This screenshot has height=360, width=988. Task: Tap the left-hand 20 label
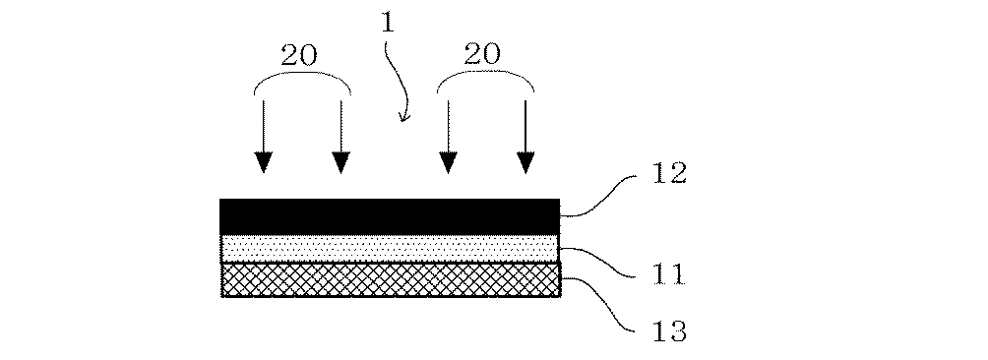(299, 55)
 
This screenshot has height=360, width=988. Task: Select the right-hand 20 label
(483, 55)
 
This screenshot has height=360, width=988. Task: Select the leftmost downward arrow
(263, 138)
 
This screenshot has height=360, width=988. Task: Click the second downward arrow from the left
(340, 138)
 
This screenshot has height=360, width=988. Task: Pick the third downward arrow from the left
(449, 138)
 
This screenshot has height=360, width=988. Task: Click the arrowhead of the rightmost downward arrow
(526, 162)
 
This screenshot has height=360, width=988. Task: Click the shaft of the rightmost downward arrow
(526, 123)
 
